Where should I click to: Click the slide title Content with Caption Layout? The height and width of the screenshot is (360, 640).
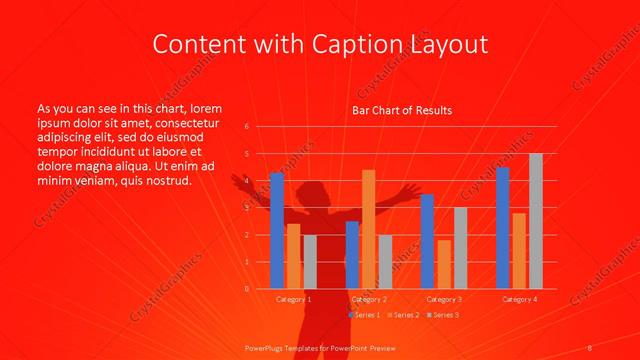click(x=320, y=44)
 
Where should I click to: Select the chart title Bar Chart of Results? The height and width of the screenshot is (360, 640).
click(x=402, y=110)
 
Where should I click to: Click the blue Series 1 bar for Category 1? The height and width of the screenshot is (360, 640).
click(x=277, y=230)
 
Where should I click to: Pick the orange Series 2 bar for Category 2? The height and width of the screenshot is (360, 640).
click(x=369, y=229)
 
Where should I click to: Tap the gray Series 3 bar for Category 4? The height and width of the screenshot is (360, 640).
click(x=536, y=221)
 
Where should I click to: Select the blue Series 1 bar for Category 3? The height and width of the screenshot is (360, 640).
click(x=427, y=241)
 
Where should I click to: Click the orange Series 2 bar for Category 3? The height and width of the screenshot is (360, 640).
click(x=444, y=264)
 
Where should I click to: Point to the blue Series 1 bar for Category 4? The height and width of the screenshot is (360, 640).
click(x=502, y=228)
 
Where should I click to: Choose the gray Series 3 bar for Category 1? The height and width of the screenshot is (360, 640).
click(x=310, y=262)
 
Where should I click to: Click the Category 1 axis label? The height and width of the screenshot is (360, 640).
click(x=293, y=299)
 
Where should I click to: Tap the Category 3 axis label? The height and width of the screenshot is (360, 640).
click(x=444, y=299)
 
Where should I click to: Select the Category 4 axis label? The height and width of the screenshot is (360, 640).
click(x=519, y=299)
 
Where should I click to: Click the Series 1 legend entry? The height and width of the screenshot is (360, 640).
click(x=365, y=315)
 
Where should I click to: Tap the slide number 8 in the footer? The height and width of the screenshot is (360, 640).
click(x=590, y=347)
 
